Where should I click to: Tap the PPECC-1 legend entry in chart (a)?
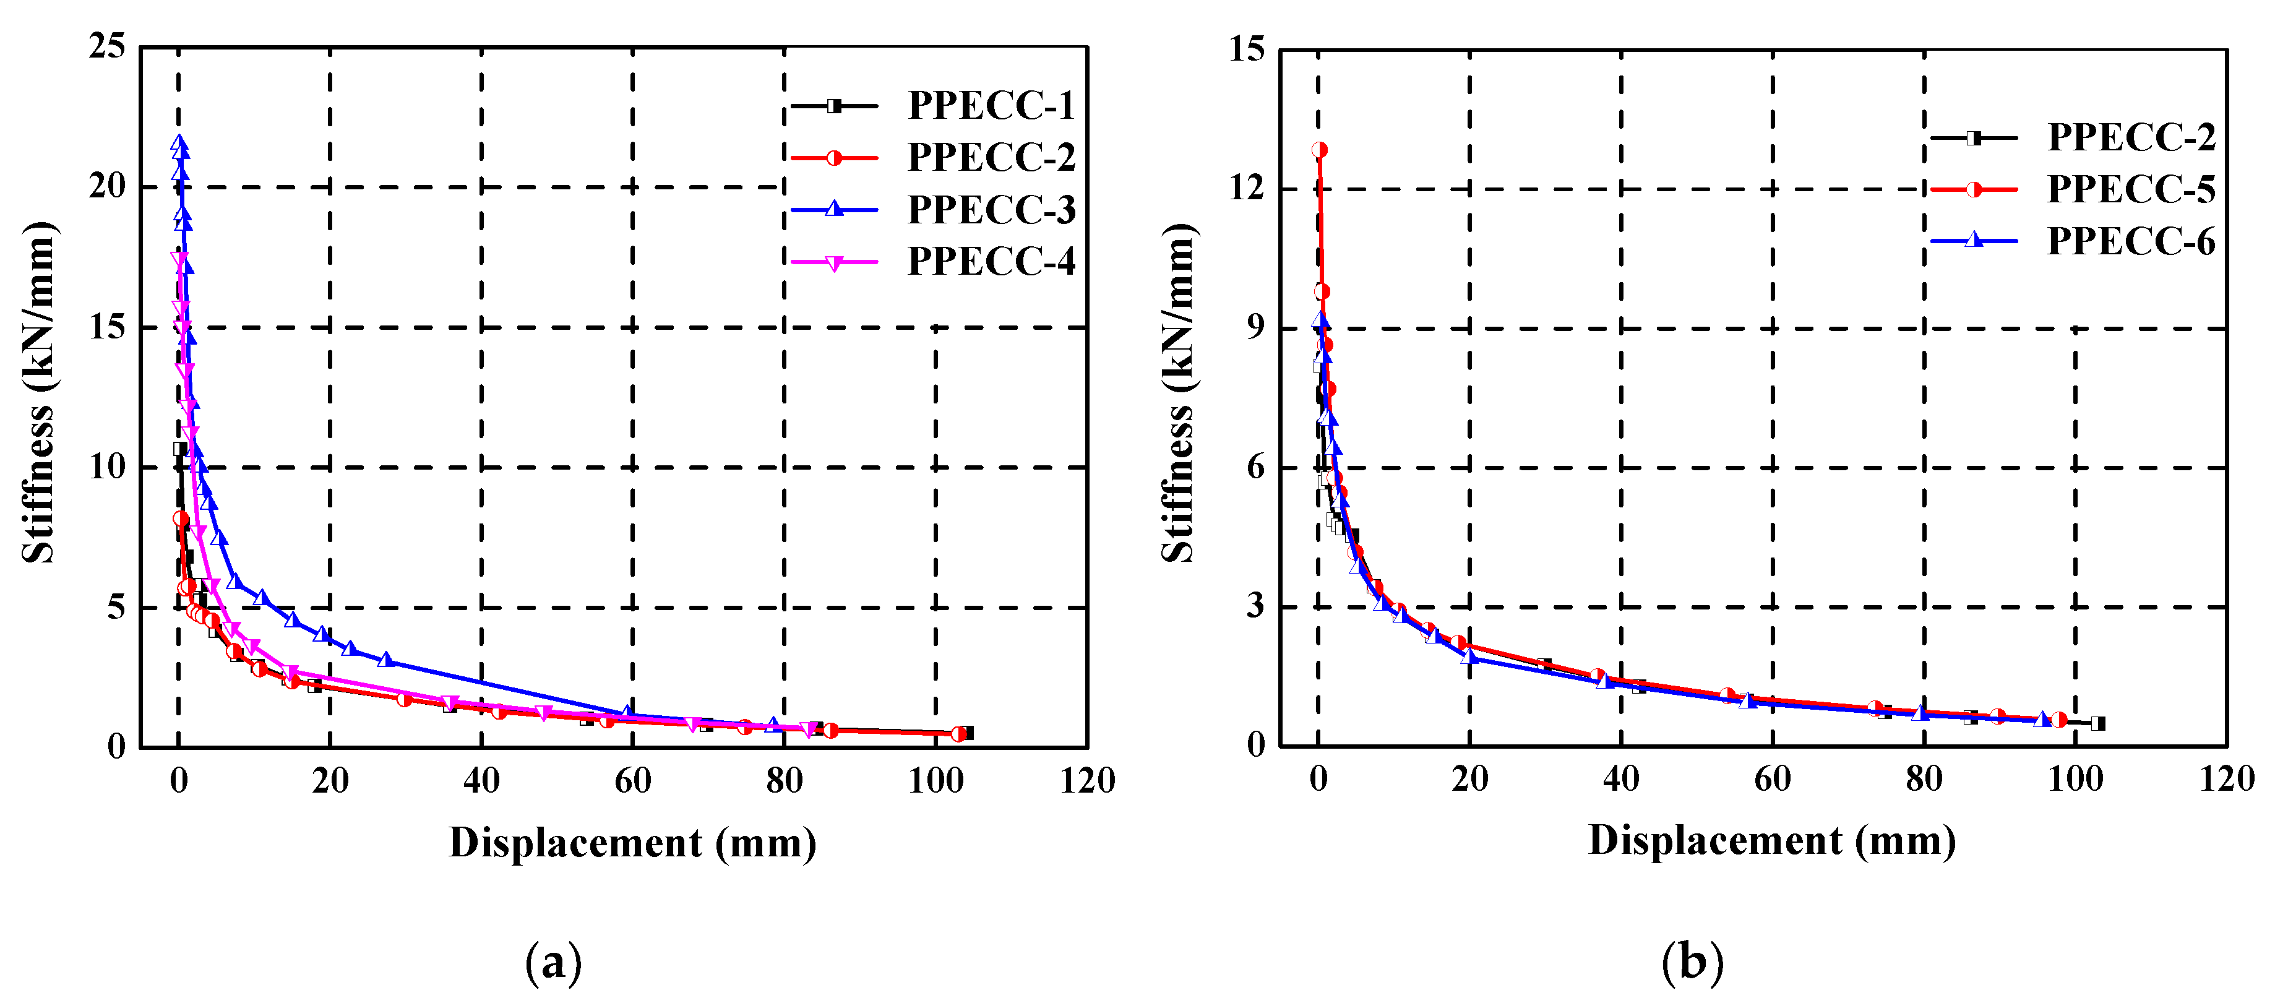click(x=991, y=106)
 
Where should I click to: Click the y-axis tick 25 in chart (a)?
click(x=108, y=47)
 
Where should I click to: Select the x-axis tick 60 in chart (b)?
click(x=1773, y=780)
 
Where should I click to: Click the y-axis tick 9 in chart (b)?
click(x=1255, y=327)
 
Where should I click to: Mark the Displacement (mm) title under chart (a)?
click(x=632, y=843)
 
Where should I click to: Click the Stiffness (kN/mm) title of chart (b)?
click(x=1178, y=393)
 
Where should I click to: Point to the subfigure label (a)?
click(x=554, y=962)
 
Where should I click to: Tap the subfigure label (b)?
click(x=1692, y=962)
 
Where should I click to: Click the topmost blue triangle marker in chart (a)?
click(x=179, y=143)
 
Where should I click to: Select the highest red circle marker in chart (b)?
click(x=1320, y=150)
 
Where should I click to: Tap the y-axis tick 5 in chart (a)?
click(x=116, y=608)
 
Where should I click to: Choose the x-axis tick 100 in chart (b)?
click(x=2075, y=780)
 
